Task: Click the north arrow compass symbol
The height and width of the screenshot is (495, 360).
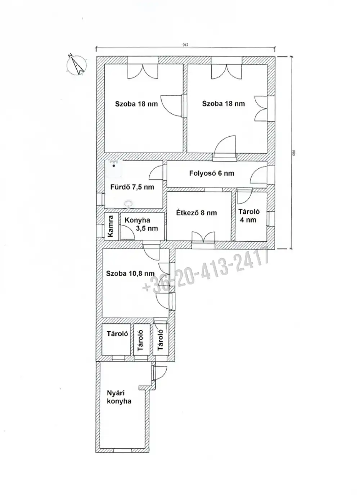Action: click(76, 64)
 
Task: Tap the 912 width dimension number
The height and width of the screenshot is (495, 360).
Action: click(185, 45)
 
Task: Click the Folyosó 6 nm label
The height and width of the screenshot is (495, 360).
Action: click(212, 173)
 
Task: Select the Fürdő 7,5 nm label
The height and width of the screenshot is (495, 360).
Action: click(132, 187)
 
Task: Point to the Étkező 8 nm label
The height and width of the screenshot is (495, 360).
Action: click(196, 213)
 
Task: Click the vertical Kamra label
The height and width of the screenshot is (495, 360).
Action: click(111, 226)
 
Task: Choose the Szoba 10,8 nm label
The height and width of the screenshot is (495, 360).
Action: click(130, 273)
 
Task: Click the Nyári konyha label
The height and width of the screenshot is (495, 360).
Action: click(119, 397)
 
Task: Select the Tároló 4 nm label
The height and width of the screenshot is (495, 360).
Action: click(249, 216)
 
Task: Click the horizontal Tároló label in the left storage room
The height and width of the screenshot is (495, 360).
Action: click(117, 334)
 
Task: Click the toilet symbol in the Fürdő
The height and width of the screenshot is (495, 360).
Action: click(129, 204)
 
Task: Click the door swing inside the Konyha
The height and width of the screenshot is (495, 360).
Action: click(127, 232)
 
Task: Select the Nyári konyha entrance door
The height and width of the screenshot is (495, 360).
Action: click(159, 373)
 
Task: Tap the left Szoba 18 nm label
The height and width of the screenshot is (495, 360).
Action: click(136, 104)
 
